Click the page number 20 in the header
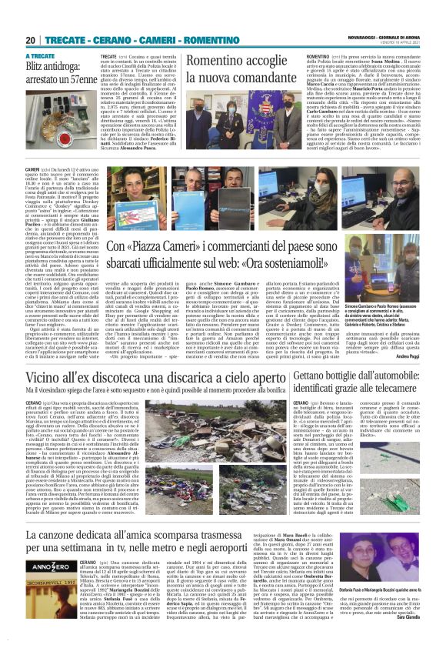pyautogui.click(x=31, y=39)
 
